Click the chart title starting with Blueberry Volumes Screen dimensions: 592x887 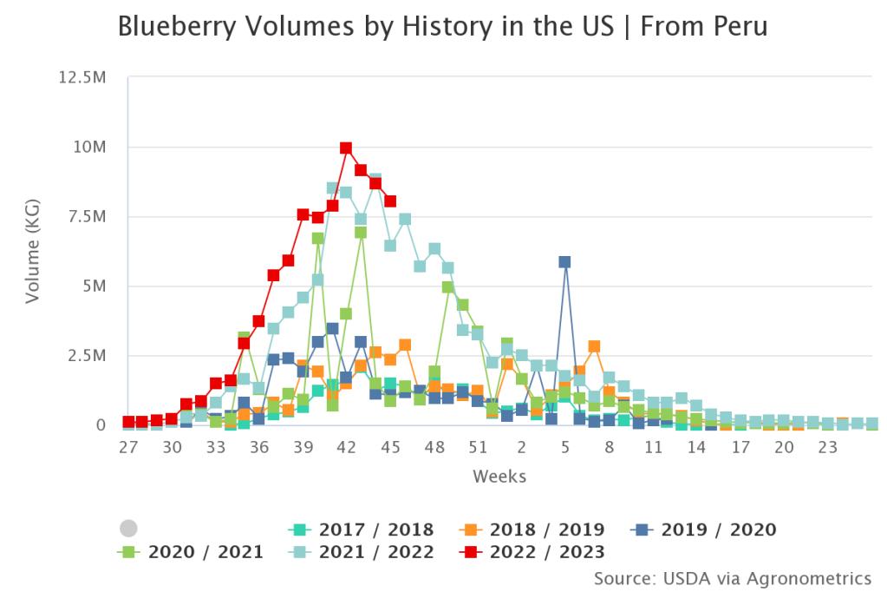[x=442, y=28]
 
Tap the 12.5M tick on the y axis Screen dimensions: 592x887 [x=82, y=78]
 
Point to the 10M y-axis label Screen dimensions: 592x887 [x=89, y=148]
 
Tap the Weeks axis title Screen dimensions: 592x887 [x=499, y=477]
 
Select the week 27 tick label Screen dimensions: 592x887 [x=128, y=447]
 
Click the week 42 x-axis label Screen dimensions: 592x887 [x=347, y=447]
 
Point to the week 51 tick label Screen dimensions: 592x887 [x=478, y=447]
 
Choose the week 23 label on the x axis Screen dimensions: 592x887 [x=828, y=447]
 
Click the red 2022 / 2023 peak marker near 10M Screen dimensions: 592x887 [x=346, y=148]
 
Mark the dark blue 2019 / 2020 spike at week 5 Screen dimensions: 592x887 [x=564, y=261]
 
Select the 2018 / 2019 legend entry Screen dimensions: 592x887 [x=533, y=530]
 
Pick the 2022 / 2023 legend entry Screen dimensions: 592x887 [x=533, y=552]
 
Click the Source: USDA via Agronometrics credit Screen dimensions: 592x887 [x=733, y=577]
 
